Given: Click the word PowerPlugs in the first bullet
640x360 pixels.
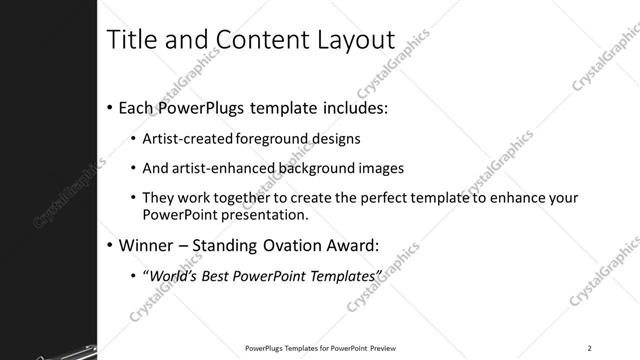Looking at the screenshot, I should (213, 106).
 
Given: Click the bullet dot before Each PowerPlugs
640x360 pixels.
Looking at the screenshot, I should (109, 107).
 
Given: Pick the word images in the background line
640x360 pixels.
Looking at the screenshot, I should (382, 168).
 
